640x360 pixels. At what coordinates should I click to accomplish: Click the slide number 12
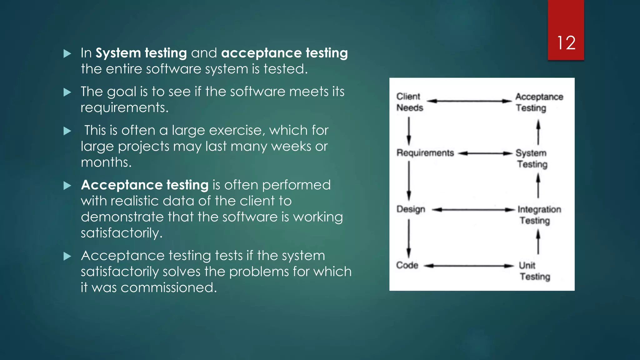[x=566, y=42]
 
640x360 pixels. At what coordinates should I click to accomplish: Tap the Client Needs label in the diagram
[x=409, y=102]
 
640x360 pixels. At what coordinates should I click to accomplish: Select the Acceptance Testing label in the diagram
[x=539, y=102]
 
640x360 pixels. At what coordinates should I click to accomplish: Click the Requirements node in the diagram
[x=425, y=153]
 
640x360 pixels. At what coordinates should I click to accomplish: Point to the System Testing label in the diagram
[x=532, y=158]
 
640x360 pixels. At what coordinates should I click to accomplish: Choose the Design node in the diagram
[x=411, y=209]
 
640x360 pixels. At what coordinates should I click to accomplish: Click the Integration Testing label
[x=539, y=215]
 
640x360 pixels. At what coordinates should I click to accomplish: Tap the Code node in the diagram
[x=407, y=265]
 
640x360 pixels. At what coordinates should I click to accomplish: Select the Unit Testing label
[x=534, y=271]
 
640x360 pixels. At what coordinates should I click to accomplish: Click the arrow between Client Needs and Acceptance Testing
[x=469, y=101]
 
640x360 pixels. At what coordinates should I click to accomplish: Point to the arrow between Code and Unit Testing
[x=469, y=266]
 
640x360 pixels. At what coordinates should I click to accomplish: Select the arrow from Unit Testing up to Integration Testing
[x=538, y=242]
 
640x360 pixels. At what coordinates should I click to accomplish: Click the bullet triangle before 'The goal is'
[x=67, y=92]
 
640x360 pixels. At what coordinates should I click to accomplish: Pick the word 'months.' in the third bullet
[x=106, y=162]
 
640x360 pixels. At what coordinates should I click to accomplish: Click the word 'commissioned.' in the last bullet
[x=169, y=287]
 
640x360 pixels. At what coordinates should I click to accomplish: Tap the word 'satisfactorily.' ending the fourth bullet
[x=122, y=233]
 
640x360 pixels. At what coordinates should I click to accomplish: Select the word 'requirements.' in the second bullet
[x=124, y=107]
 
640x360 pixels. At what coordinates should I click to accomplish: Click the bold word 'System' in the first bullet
[x=118, y=53]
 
